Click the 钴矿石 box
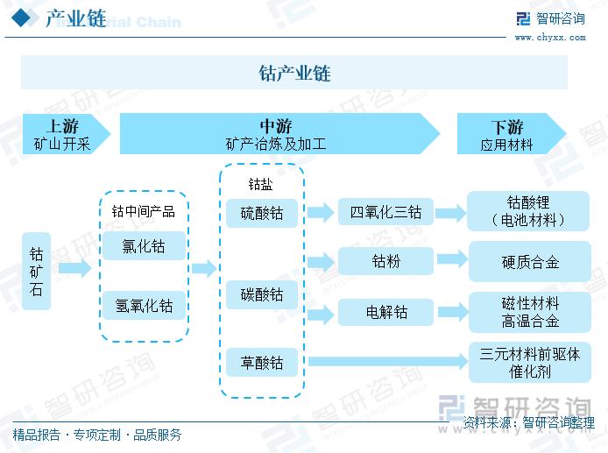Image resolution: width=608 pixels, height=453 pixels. click(36, 271)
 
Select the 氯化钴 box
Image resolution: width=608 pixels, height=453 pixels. click(144, 246)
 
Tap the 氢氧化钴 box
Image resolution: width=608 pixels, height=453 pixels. click(144, 305)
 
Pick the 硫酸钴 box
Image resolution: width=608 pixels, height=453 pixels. click(262, 213)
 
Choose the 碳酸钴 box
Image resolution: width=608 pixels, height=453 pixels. click(262, 294)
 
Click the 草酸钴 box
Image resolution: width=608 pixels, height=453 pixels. click(262, 362)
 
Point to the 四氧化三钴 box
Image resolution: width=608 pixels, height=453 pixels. click(385, 212)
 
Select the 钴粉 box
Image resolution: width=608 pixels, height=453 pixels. click(385, 261)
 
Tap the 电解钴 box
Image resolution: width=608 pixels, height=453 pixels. click(385, 312)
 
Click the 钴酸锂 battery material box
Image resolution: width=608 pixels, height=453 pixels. click(528, 211)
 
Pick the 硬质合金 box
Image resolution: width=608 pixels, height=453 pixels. click(530, 262)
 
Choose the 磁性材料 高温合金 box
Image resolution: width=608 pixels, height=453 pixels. click(530, 312)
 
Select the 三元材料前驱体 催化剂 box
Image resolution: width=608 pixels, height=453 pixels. click(530, 362)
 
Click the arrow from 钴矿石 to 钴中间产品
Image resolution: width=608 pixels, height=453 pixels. click(75, 268)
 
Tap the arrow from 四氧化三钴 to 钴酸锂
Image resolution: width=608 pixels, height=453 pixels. click(450, 213)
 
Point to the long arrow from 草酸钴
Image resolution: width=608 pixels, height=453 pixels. click(388, 362)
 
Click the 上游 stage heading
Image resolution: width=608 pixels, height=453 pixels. click(62, 126)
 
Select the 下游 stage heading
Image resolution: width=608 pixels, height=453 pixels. click(507, 127)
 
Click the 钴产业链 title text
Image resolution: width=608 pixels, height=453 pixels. click(294, 73)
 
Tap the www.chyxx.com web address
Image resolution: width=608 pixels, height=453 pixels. click(550, 38)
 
